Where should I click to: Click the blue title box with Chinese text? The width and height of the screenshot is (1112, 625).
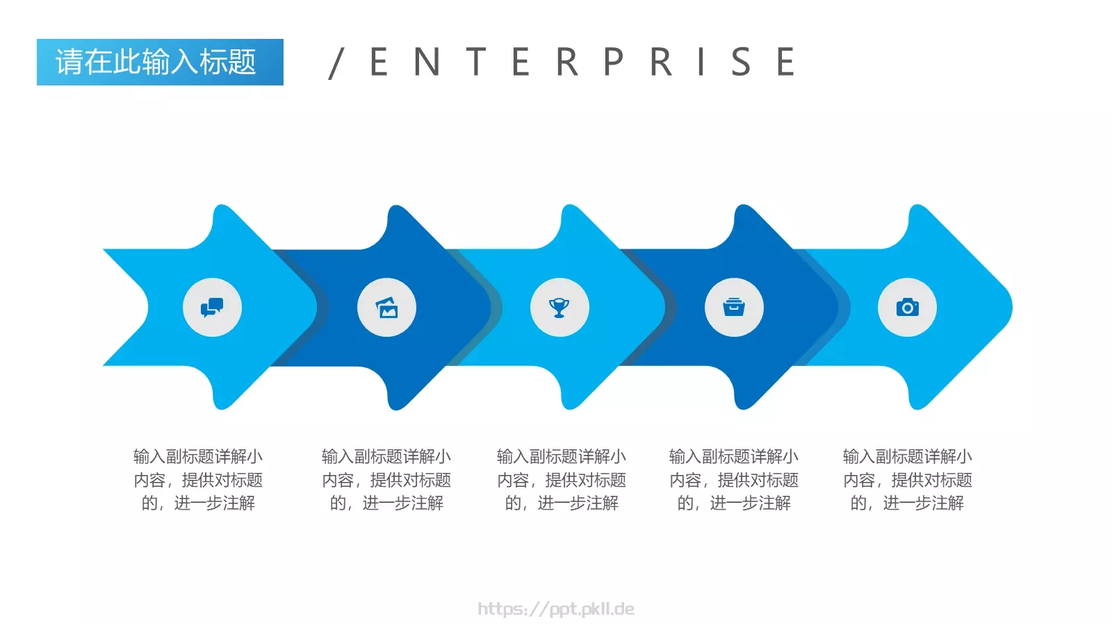tap(160, 62)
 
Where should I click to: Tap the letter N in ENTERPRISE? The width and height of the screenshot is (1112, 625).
tap(427, 62)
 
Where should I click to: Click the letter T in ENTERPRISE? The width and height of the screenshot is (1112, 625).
tap(476, 62)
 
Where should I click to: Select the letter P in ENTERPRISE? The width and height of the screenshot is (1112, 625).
tap(614, 62)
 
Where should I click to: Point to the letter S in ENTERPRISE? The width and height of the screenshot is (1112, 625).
tap(741, 62)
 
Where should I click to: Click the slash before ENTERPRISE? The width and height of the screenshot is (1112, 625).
tap(336, 63)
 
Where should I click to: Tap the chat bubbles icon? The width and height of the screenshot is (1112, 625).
tap(212, 308)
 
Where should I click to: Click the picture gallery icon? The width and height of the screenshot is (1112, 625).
tap(386, 308)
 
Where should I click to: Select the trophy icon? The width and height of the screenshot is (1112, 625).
tap(559, 308)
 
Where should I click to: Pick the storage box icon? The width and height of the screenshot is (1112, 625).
tap(734, 307)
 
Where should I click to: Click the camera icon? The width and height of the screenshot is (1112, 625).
tap(908, 308)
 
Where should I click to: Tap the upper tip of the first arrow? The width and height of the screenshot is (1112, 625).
tap(222, 204)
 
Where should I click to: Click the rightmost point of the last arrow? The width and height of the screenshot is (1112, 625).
tap(1012, 307)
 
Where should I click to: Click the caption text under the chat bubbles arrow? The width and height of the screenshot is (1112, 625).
tap(198, 480)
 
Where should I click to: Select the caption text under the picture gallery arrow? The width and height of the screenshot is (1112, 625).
tap(386, 480)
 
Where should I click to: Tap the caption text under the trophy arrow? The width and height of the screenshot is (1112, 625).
tap(562, 480)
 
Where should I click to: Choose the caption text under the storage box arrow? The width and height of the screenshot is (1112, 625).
tap(734, 480)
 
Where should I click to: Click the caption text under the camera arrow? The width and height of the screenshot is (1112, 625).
tap(908, 480)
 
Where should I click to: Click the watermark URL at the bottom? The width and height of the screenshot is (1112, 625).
tap(556, 609)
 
